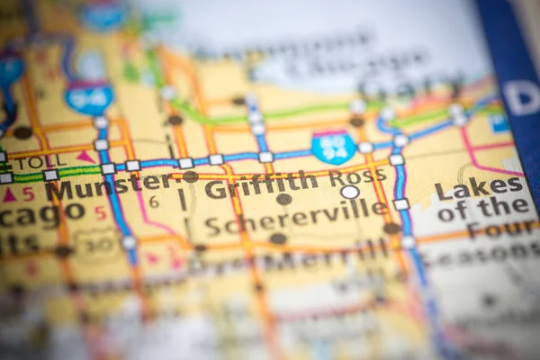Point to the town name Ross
354,175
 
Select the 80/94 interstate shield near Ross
333,146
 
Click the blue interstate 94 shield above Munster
89,97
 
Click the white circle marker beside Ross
349,192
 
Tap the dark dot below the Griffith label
283,199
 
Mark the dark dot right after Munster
191,176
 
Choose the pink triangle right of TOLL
86,157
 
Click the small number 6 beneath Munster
154,202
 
